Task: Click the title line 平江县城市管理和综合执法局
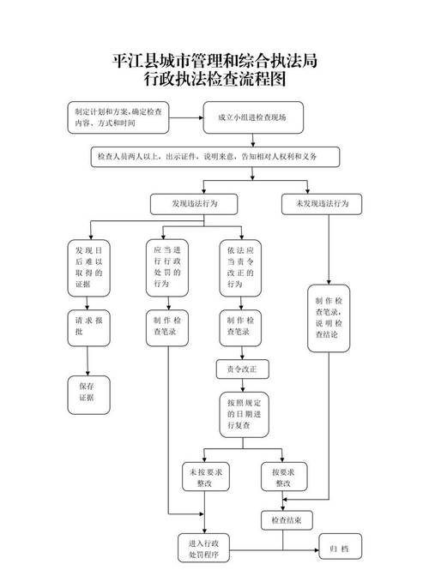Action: point(214,62)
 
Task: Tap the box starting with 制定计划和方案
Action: point(119,118)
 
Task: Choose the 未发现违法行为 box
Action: point(322,203)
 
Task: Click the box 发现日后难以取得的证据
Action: point(88,267)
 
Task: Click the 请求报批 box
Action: point(88,326)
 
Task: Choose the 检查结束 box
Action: point(286,519)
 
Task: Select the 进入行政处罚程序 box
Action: point(204,549)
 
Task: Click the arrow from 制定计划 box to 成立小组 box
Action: point(184,118)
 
